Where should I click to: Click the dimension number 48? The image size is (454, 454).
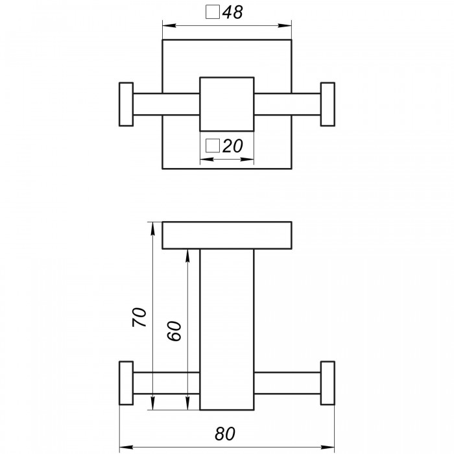[232, 13]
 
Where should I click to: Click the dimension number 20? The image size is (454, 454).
[232, 146]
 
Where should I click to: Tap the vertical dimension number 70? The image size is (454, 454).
[139, 317]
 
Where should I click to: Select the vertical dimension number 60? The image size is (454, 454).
[174, 331]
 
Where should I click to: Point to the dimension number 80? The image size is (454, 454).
[225, 434]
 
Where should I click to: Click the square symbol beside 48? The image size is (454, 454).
[213, 12]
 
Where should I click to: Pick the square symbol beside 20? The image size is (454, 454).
[213, 145]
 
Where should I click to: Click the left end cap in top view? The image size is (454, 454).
[126, 104]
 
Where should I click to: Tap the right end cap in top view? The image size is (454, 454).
[328, 104]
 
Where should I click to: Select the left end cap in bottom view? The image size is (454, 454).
[126, 383]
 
